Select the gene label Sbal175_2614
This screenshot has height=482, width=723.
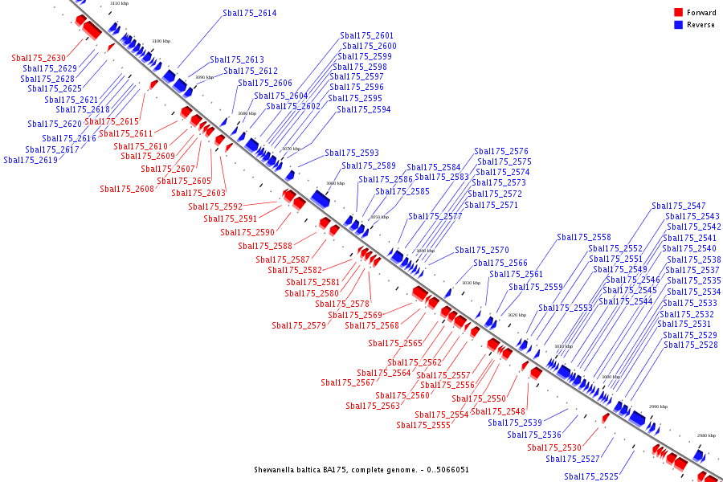(249, 14)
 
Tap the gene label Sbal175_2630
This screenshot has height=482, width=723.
(39, 58)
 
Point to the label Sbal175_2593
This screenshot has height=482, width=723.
(352, 153)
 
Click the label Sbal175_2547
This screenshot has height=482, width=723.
(679, 206)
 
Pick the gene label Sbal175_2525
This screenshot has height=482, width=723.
(591, 477)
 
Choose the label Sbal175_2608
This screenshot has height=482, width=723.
(127, 190)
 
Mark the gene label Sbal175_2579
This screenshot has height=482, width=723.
(299, 326)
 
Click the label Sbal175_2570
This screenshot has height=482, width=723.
(482, 251)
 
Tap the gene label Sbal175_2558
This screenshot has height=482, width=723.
(584, 238)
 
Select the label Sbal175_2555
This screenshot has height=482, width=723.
(423, 426)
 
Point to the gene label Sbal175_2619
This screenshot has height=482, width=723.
(31, 160)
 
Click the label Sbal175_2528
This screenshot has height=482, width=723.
(691, 345)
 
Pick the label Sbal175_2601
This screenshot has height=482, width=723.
(367, 36)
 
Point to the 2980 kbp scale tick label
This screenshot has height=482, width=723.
(706, 435)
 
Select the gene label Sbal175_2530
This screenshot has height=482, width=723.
(554, 448)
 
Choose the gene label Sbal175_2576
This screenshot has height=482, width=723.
(501, 152)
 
